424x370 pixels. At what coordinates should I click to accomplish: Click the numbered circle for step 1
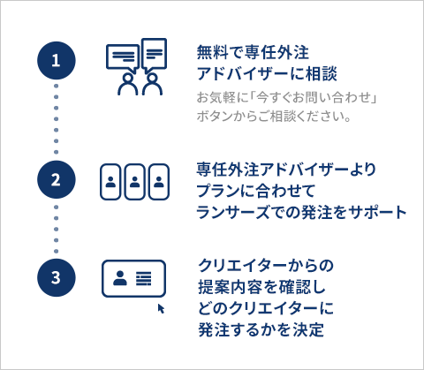57,60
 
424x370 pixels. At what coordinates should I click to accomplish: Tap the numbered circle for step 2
57,179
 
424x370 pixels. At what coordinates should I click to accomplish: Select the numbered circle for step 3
57,277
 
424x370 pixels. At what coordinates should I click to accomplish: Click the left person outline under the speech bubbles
128,85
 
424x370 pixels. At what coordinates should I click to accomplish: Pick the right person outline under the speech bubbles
152,85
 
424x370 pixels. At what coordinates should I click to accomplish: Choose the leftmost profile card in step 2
110,182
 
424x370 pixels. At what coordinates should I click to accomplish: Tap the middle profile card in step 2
134,182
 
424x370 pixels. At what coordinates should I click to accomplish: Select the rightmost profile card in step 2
159,182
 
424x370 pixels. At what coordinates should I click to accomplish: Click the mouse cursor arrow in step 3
161,308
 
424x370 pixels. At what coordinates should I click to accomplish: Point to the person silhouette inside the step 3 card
120,278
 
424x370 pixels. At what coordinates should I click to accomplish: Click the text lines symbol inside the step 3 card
144,278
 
